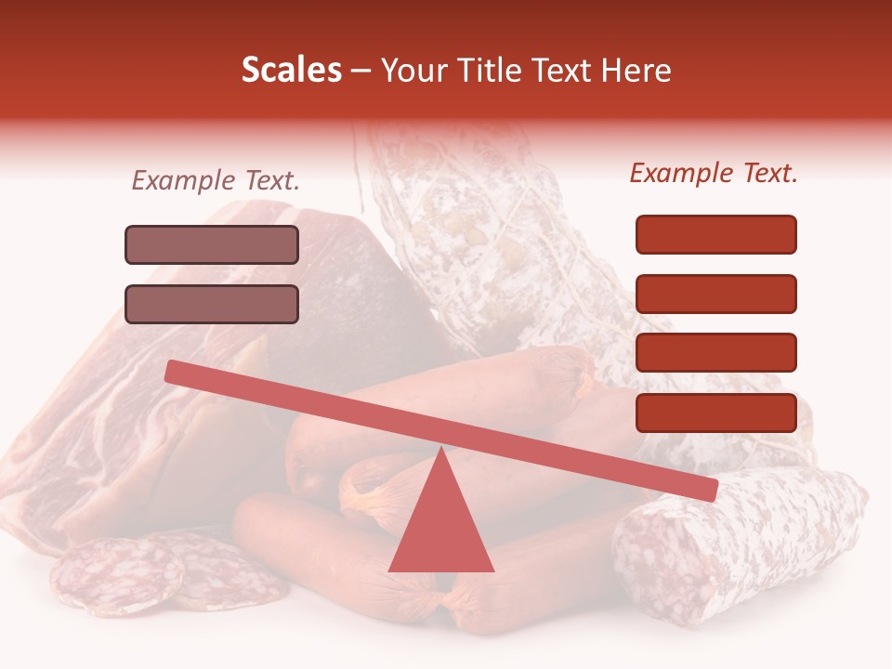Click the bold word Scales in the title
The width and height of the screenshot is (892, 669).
click(292, 71)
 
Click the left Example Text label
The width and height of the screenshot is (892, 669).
click(216, 180)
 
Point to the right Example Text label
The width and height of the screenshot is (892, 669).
click(714, 173)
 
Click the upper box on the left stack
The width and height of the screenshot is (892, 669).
click(212, 244)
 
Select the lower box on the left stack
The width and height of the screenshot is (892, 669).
click(212, 304)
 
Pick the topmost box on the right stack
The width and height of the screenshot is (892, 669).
click(715, 234)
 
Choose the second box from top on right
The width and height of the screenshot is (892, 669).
click(715, 294)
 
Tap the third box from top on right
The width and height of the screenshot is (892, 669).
click(715, 352)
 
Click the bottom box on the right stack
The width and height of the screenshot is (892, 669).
click(715, 413)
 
